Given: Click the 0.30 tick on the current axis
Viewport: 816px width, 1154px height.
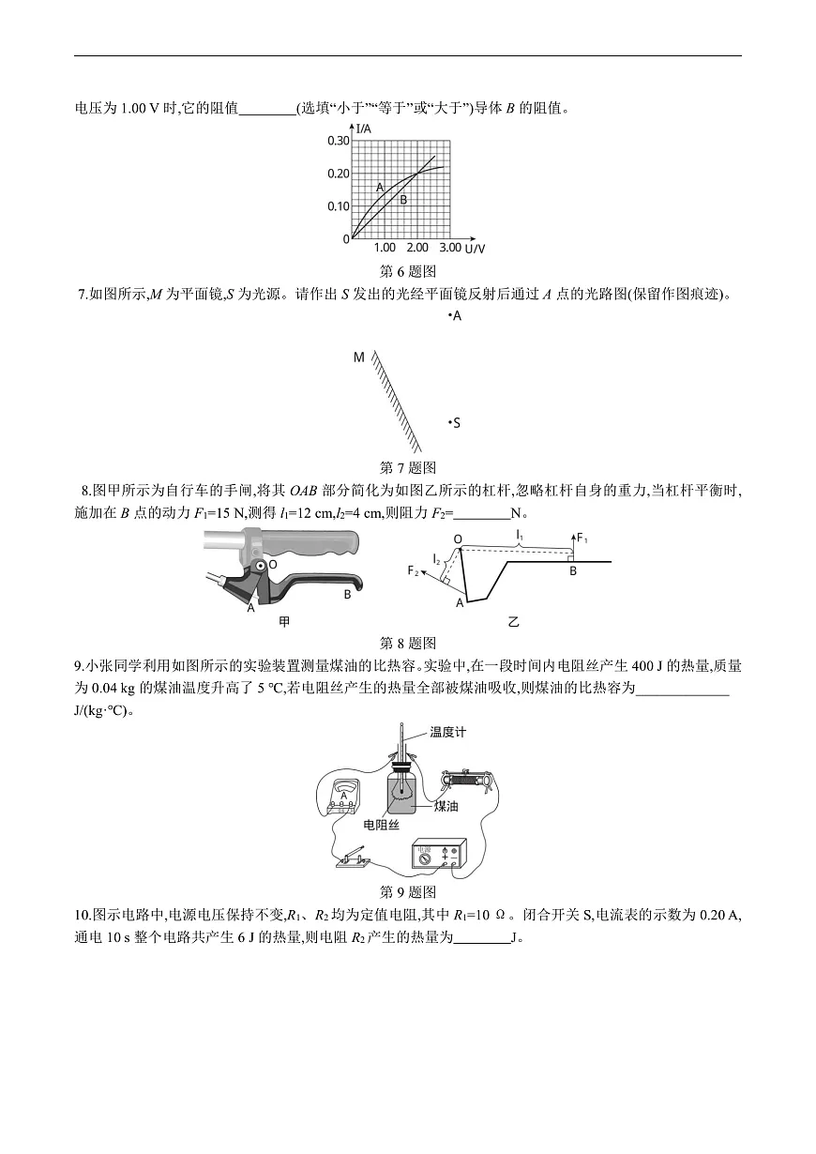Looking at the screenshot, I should [x=338, y=141].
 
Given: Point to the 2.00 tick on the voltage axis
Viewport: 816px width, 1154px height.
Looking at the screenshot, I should [x=417, y=248].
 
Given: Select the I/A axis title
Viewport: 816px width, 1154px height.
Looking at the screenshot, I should [x=365, y=128].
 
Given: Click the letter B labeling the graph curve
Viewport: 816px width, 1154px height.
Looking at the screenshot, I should [x=403, y=199].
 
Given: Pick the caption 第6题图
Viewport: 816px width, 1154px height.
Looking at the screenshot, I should [x=408, y=271].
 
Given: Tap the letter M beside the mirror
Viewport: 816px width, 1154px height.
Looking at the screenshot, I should [x=359, y=357].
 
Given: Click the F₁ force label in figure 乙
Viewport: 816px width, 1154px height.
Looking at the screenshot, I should [x=582, y=539].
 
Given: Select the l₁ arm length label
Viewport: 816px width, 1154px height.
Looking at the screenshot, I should [x=519, y=533].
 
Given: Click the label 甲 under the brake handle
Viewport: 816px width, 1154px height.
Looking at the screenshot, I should [x=285, y=621].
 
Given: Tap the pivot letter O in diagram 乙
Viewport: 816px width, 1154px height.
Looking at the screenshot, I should [x=458, y=539].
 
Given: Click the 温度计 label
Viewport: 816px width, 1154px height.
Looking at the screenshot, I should [x=448, y=733].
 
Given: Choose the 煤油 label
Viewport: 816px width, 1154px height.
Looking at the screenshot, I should [x=446, y=805].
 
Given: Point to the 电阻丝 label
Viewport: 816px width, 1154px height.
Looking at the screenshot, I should [x=381, y=824].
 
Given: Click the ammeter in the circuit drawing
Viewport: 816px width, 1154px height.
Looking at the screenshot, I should [x=344, y=797].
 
